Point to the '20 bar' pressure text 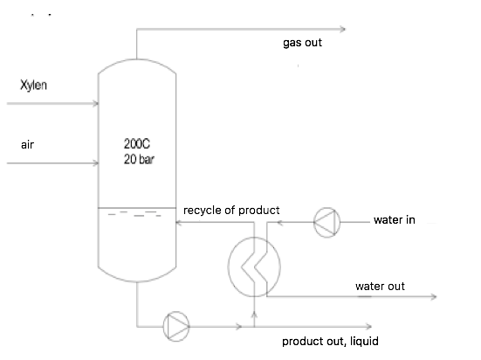(140, 159)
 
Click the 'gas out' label (302, 42)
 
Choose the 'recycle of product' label (231, 211)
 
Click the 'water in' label (394, 219)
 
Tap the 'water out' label (380, 286)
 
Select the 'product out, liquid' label (329, 342)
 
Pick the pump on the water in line (326, 223)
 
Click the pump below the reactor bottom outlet (175, 328)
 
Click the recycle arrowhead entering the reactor (179, 223)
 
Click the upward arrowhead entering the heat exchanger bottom (253, 306)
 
